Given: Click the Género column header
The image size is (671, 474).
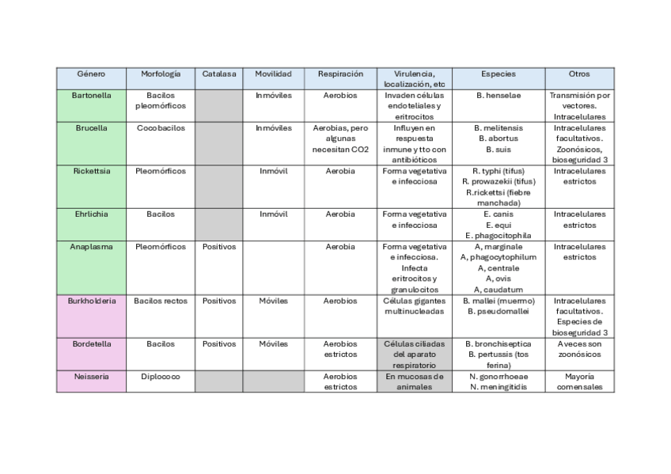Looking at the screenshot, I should (x=91, y=74).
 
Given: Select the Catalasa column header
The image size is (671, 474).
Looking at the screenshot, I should (x=218, y=74).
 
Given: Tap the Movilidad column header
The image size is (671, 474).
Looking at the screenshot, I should (x=273, y=74).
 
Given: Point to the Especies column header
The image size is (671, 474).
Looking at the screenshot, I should (x=499, y=74).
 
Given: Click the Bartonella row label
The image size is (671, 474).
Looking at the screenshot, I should (x=91, y=96).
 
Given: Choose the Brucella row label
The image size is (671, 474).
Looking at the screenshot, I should (x=91, y=127).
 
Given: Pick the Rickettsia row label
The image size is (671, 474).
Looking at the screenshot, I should (x=91, y=171).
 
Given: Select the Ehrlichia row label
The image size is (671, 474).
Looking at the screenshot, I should (x=91, y=214).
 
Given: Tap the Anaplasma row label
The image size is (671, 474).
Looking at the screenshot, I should (x=91, y=247).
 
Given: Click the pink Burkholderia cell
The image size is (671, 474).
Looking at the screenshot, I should (x=91, y=301).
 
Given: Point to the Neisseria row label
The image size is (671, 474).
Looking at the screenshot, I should (x=91, y=377).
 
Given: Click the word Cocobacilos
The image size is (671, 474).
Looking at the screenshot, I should (x=161, y=127).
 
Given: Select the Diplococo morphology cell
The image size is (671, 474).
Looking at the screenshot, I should (x=161, y=377).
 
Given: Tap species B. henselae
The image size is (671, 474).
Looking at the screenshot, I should (x=499, y=96).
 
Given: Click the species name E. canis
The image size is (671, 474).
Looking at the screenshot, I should (x=499, y=214).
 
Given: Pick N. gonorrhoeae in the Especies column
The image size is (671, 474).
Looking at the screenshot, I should (x=499, y=377).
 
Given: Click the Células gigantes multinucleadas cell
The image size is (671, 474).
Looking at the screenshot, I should (x=414, y=306).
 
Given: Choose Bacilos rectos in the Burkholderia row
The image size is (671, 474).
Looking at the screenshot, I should (x=161, y=301).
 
